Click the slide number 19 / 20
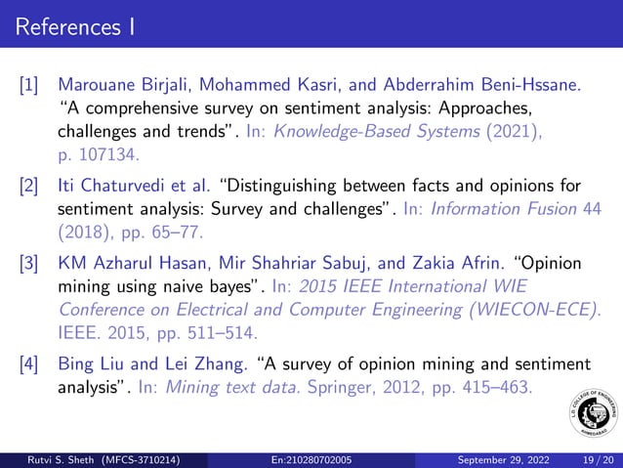595,458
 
